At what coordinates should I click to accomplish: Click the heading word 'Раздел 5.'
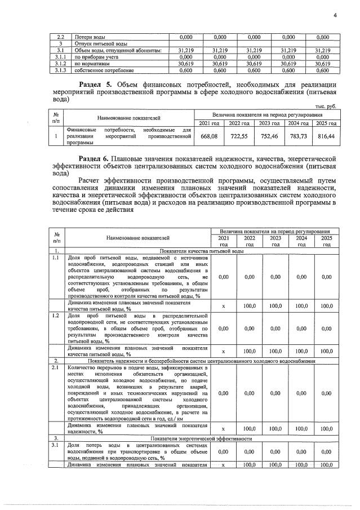click(x=96, y=84)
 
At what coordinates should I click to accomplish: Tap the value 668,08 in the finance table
click(x=209, y=136)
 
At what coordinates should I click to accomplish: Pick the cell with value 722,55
click(x=240, y=136)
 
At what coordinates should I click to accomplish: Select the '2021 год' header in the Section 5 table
click(x=209, y=123)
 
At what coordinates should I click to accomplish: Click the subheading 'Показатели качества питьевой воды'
click(x=201, y=251)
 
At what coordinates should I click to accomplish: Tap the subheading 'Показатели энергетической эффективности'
click(x=201, y=437)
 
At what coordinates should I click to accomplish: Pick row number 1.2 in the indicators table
click(x=56, y=317)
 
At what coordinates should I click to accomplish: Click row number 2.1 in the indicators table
click(x=56, y=367)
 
